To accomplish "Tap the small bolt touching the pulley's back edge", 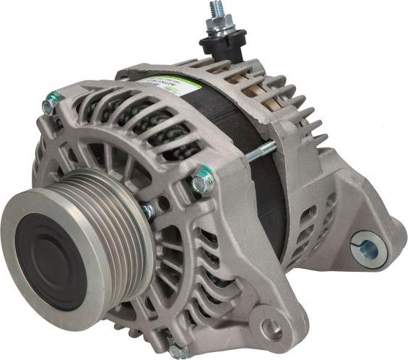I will point(149,211).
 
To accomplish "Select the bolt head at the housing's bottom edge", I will point(178,352).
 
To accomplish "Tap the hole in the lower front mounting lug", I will point(272,330).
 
